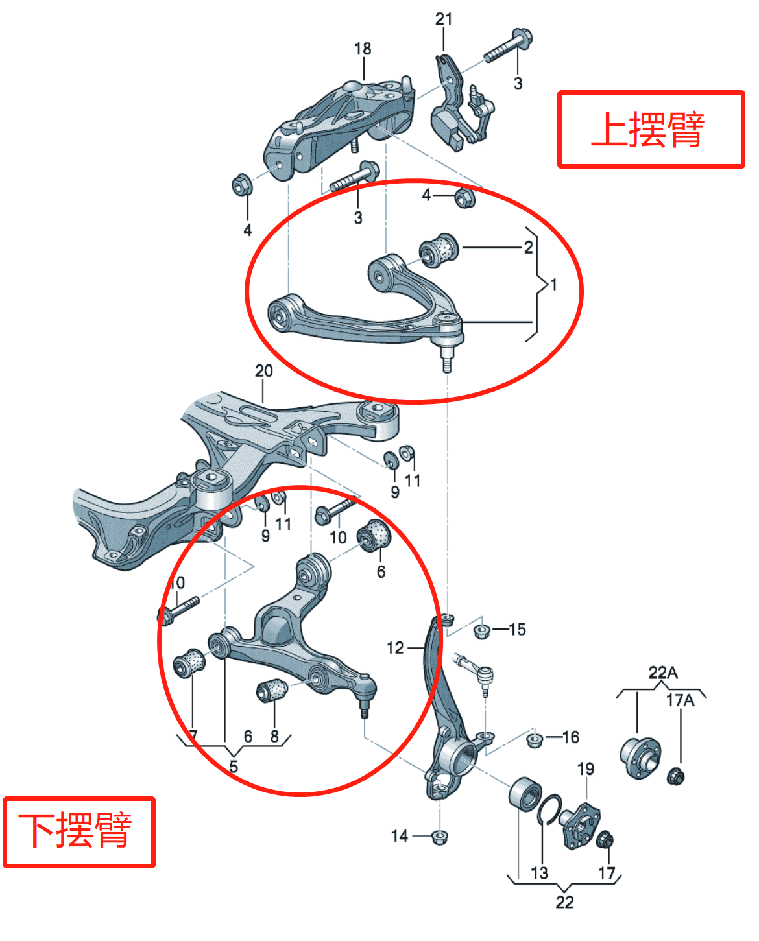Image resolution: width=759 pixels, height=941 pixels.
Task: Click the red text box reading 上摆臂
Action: pyautogui.click(x=651, y=130)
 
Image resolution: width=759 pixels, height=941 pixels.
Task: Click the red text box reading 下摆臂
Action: pyautogui.click(x=78, y=832)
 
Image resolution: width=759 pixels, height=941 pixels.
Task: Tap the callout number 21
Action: pyautogui.click(x=444, y=19)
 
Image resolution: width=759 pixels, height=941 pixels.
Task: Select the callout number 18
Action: pyautogui.click(x=363, y=49)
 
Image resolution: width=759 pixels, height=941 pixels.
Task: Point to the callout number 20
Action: pyautogui.click(x=263, y=371)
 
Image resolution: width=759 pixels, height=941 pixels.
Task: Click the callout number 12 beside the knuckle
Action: pyautogui.click(x=395, y=647)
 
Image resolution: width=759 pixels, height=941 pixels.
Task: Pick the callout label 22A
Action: pyautogui.click(x=662, y=673)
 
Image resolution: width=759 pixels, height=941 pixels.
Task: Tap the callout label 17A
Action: pyautogui.click(x=680, y=700)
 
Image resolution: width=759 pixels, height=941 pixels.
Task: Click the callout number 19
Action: pyautogui.click(x=586, y=768)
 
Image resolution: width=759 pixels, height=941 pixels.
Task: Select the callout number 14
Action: pyautogui.click(x=400, y=836)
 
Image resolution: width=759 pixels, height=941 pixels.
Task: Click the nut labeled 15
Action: pyautogui.click(x=481, y=630)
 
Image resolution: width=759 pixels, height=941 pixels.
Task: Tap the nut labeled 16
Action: pyautogui.click(x=534, y=739)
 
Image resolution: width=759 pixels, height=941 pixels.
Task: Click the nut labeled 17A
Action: pyautogui.click(x=675, y=775)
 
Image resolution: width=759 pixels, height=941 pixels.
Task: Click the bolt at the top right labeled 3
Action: pyautogui.click(x=507, y=44)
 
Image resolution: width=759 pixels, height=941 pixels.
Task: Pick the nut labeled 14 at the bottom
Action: pyautogui.click(x=439, y=836)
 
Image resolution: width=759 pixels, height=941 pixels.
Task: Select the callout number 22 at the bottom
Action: pyautogui.click(x=564, y=902)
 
